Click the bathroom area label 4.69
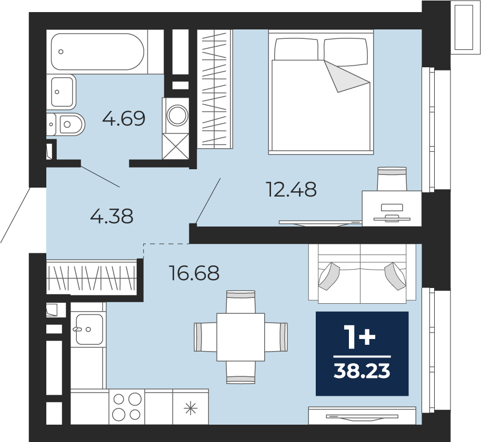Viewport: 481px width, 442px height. point(124,119)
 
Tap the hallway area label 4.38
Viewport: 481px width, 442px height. point(112,216)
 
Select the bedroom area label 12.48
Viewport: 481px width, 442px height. point(292,189)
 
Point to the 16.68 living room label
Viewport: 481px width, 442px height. point(195,273)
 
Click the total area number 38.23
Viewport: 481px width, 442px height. point(362,371)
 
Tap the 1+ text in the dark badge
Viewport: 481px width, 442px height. point(360,337)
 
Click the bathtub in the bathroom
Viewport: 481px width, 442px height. point(97,52)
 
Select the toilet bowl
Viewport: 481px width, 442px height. point(69,125)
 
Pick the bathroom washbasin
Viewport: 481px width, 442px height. point(62,92)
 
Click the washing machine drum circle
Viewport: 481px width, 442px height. point(177,115)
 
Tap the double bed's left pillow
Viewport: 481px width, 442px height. point(296,49)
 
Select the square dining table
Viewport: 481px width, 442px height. point(241,337)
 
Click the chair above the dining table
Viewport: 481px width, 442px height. point(241,302)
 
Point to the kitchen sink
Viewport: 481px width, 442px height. point(89,330)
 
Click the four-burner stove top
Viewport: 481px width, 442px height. point(127,407)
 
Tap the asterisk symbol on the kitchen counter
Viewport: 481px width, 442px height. point(190,409)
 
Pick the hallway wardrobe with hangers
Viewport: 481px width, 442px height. point(92,278)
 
